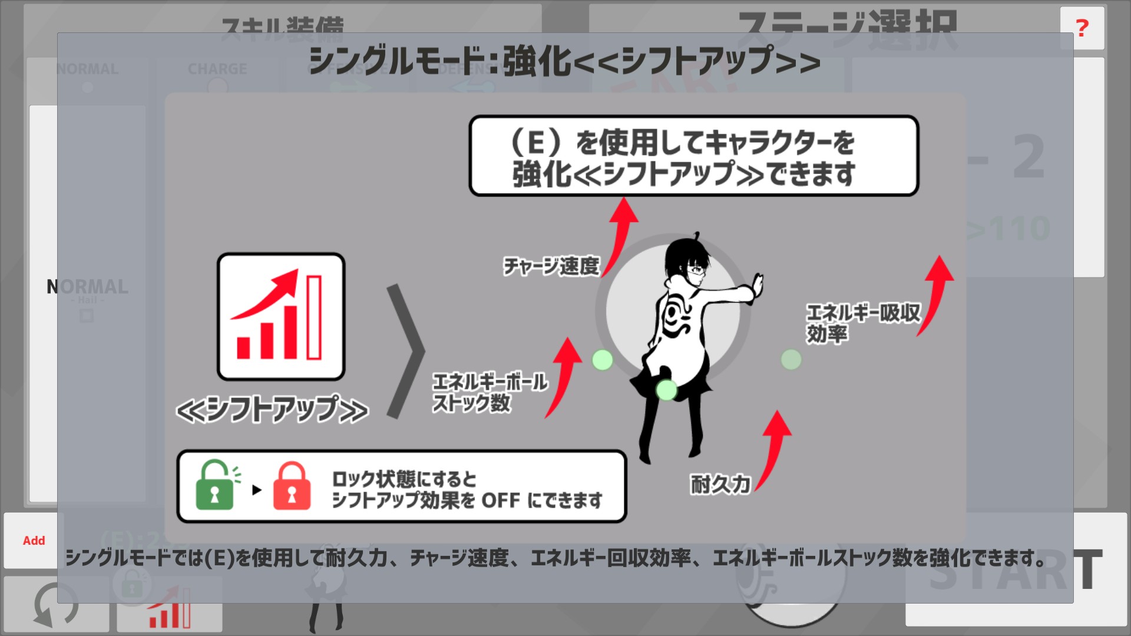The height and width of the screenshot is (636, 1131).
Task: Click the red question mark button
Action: click(x=1082, y=28)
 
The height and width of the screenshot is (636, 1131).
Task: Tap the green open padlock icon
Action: click(x=215, y=485)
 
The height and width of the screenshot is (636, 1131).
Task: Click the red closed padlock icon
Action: click(x=292, y=486)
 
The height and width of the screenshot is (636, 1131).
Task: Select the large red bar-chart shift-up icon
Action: click(x=281, y=316)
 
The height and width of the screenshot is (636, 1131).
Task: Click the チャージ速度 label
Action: click(x=551, y=266)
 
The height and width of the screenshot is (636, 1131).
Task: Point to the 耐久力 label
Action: click(x=720, y=484)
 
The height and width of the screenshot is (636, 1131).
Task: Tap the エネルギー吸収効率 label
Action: click(x=862, y=323)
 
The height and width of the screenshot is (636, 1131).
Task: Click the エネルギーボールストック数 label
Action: click(x=490, y=392)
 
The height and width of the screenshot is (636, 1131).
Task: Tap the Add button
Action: click(x=34, y=541)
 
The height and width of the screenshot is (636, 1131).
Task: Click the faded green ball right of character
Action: click(x=791, y=359)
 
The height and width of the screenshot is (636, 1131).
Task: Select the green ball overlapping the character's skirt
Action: click(x=667, y=389)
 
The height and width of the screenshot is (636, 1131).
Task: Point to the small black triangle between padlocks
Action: click(x=256, y=489)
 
